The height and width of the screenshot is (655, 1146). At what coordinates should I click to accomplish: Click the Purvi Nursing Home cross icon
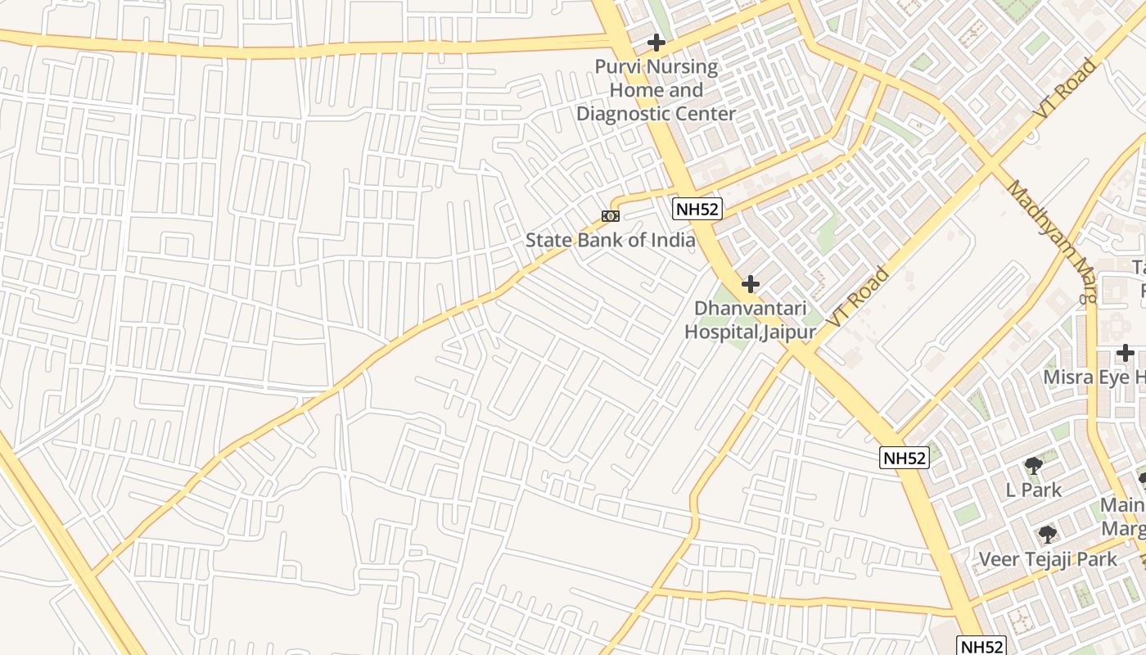coord(656,42)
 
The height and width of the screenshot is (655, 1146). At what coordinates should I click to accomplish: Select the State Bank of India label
coord(610,240)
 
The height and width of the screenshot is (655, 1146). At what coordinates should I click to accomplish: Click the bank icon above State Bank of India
coord(611,216)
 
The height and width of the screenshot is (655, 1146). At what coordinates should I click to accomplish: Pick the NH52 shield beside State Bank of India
coord(697,209)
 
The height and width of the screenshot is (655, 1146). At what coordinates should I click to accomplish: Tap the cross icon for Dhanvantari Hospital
coord(750,285)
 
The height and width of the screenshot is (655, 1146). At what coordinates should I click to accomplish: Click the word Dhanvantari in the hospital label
coord(750,309)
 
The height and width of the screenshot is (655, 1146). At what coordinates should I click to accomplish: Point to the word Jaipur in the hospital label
coord(789,332)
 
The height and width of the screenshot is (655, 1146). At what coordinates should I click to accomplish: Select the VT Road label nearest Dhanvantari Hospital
coord(857,296)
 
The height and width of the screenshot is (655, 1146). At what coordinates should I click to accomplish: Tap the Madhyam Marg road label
coord(1050,242)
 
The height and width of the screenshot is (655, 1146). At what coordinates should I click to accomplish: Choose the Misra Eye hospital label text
coord(1093,377)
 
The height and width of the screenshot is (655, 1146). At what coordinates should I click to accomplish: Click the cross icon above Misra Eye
coord(1126,354)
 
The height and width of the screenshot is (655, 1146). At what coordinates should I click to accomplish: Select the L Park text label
coord(1033,490)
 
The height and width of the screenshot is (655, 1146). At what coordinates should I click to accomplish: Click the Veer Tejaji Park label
coord(1048,560)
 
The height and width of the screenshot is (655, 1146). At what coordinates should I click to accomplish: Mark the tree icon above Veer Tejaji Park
coord(1047,535)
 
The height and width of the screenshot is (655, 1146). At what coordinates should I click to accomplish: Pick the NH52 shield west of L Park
coord(905,458)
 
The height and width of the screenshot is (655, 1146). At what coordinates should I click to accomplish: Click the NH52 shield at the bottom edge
coord(980,646)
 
